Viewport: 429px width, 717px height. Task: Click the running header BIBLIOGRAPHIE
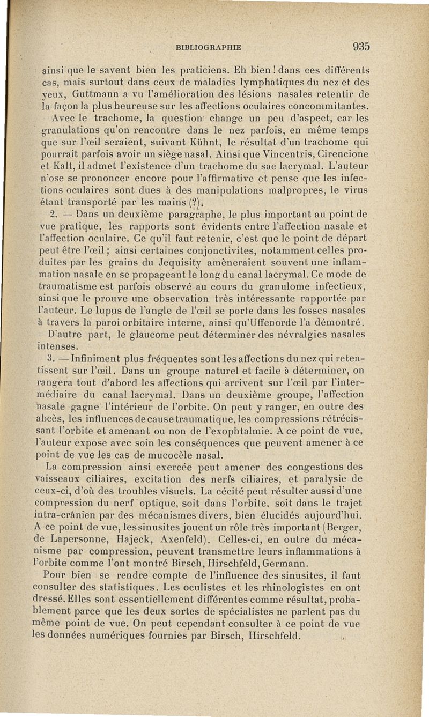click(208, 47)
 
